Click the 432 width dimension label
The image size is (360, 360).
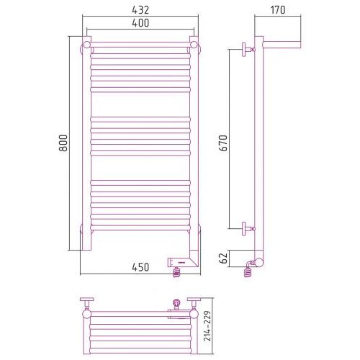140,10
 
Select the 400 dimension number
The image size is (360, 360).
140,23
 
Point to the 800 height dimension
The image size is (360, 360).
63,143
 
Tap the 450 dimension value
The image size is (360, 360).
140,267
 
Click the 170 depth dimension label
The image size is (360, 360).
278,10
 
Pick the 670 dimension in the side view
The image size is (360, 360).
223,143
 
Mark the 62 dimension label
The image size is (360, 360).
223,258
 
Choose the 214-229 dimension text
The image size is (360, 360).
207,325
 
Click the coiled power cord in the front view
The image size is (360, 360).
176,272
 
